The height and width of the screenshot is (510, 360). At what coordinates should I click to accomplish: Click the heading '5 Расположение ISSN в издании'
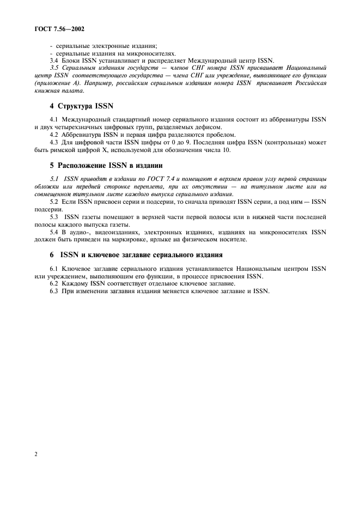point(106,165)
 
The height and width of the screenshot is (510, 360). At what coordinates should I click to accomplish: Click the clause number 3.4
point(53,60)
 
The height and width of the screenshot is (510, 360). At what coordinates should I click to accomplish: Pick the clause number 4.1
point(53,119)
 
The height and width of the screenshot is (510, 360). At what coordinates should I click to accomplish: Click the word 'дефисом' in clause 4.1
point(210,126)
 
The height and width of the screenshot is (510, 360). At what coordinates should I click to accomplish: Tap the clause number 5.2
point(53,202)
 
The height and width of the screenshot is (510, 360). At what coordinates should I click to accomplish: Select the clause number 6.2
point(53,283)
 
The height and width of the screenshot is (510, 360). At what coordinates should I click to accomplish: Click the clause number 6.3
point(53,291)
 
